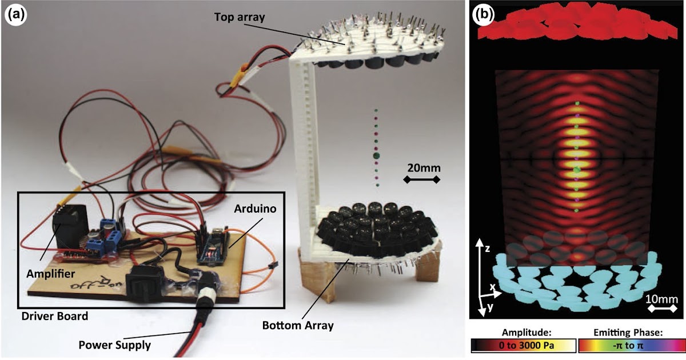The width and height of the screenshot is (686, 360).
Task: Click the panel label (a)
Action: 15,15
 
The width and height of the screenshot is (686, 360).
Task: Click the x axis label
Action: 492,287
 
